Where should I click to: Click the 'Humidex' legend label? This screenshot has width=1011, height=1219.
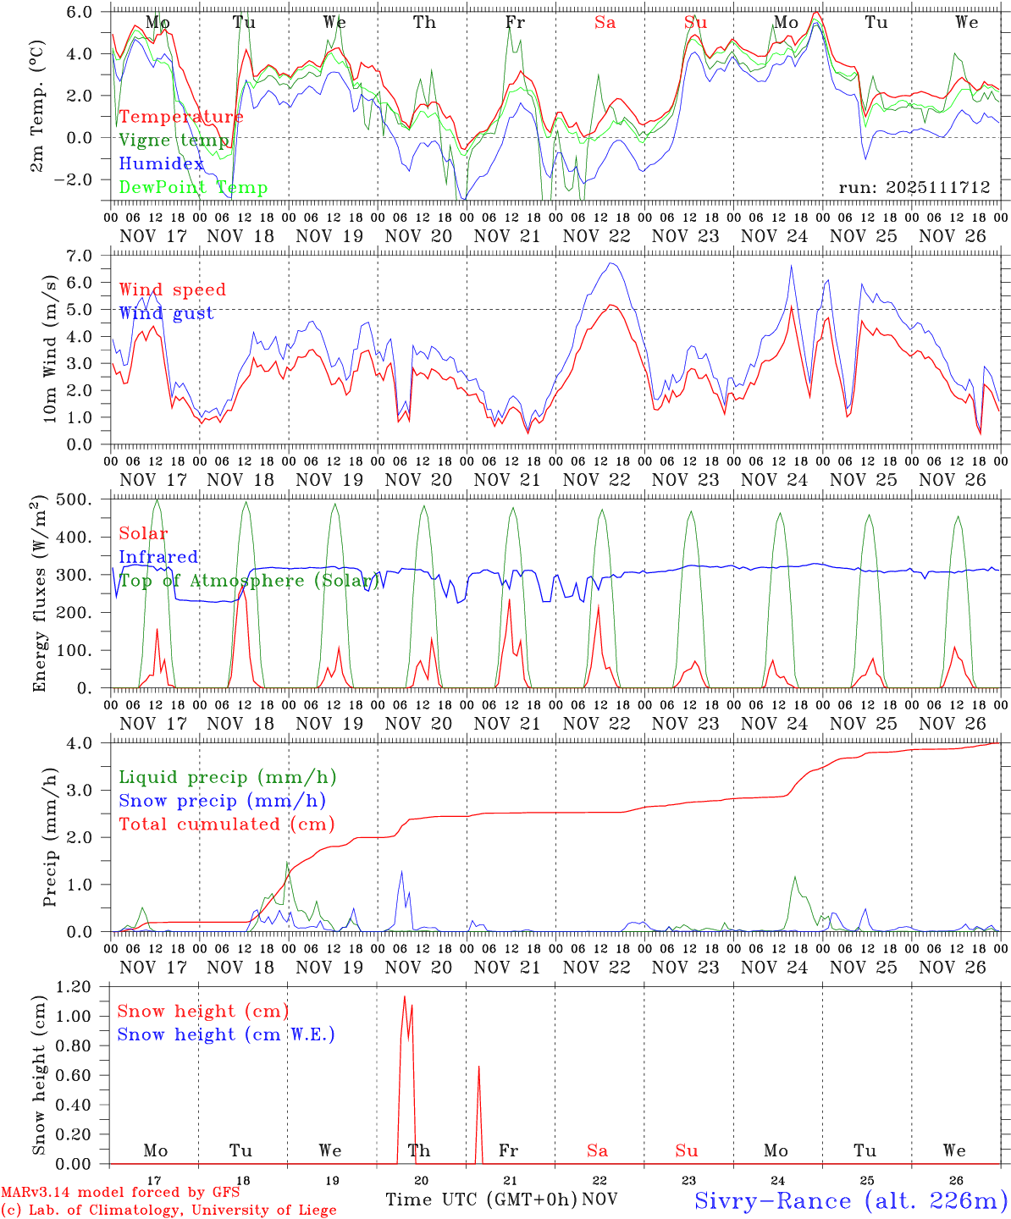(162, 164)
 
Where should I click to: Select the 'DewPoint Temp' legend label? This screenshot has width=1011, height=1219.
(193, 188)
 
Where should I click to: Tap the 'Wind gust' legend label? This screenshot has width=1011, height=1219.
(167, 313)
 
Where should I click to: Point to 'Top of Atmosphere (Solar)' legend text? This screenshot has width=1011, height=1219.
(249, 581)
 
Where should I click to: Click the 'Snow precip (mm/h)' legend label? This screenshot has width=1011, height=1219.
(223, 801)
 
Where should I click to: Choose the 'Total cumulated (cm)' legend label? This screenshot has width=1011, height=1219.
(227, 824)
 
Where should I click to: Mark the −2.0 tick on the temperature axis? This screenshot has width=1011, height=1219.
(81, 179)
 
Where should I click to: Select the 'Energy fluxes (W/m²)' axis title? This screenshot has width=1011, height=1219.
(39, 595)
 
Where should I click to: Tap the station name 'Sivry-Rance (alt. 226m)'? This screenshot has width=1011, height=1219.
(851, 1200)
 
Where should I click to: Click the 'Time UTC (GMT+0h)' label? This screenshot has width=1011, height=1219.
(481, 1200)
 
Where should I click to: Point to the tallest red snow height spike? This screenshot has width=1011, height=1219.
(405, 997)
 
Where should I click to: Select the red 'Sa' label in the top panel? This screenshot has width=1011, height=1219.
(605, 23)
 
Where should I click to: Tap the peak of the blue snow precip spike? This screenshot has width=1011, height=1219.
(401, 871)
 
